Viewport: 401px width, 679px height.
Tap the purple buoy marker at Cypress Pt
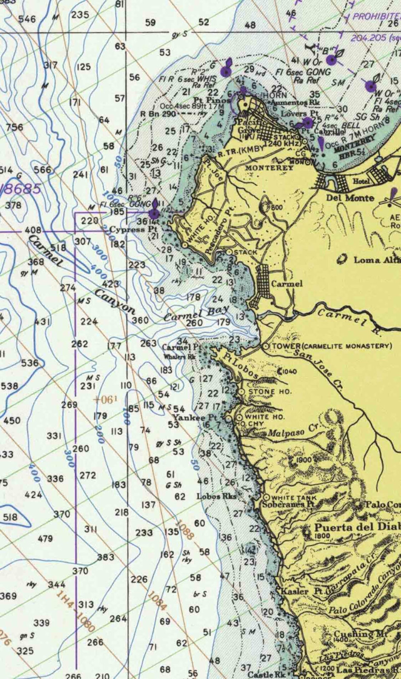pos(154,214)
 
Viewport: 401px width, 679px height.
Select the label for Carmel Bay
pos(196,314)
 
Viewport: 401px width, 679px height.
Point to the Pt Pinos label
pos(216,100)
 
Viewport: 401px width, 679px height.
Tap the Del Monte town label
pos(350,198)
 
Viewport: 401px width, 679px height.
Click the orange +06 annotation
pos(106,400)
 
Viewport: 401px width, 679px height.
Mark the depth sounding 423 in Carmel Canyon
pos(110,284)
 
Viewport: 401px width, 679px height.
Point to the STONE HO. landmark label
pos(270,392)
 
